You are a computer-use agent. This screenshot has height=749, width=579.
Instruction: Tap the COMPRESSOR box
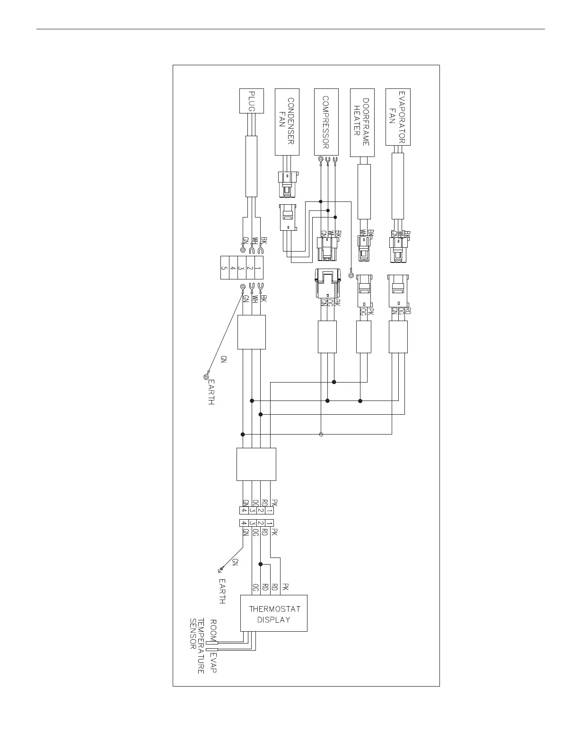click(326, 122)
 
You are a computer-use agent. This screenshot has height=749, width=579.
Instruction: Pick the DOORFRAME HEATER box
click(362, 122)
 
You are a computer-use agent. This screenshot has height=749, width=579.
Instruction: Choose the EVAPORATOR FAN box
click(398, 117)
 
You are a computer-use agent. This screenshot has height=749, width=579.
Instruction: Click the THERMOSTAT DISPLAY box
click(274, 613)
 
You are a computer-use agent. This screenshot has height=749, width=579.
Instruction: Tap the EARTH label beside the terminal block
click(211, 392)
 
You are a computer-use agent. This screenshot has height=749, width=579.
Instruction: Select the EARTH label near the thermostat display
click(221, 591)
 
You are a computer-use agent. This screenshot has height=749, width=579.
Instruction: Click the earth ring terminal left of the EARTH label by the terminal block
click(206, 377)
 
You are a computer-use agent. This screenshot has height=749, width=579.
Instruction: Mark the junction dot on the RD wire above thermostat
click(261, 564)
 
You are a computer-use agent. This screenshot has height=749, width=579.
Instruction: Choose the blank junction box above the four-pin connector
click(256, 464)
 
